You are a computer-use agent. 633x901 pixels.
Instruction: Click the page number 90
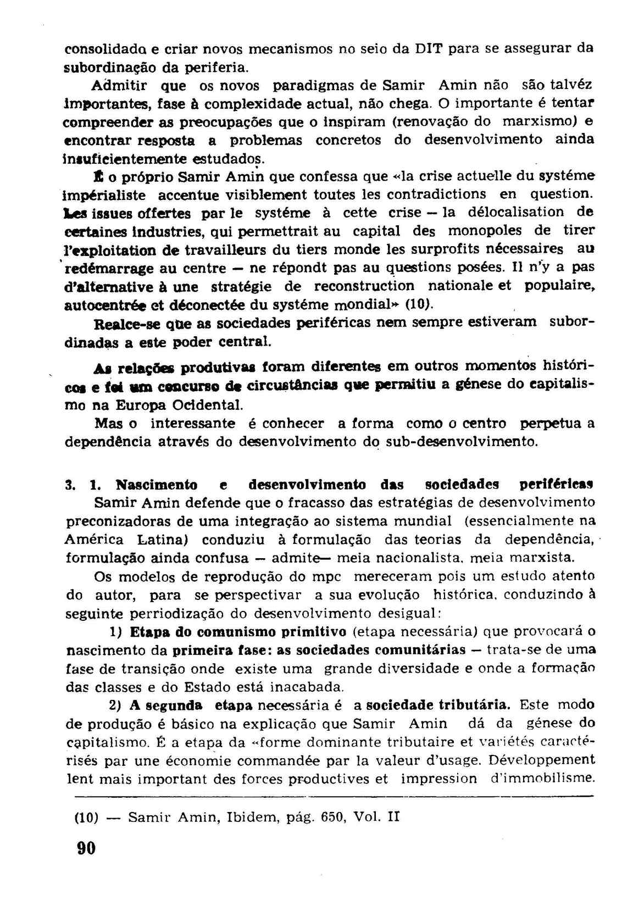coord(86,848)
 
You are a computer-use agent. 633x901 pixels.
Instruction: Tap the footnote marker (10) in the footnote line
coord(86,816)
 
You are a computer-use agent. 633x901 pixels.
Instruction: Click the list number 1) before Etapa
coord(115,631)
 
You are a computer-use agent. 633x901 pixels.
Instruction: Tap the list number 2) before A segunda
coord(114,705)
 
